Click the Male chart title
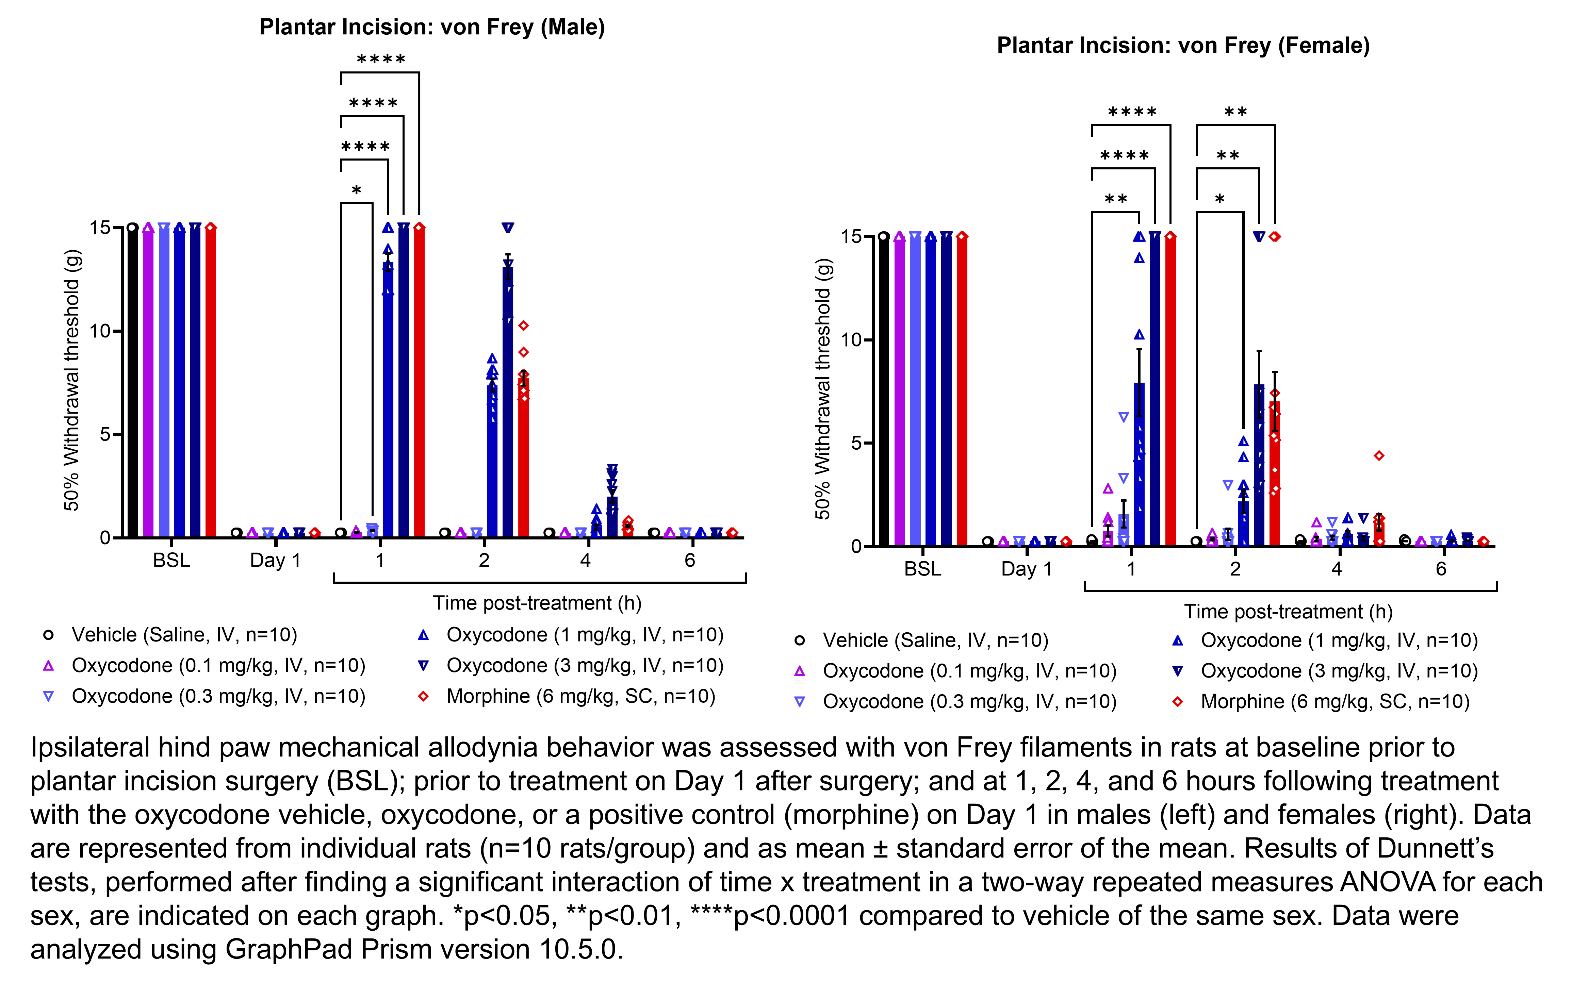click(x=432, y=27)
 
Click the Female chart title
click(x=1183, y=46)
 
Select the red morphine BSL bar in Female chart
click(x=962, y=390)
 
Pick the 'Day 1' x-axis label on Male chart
click(x=275, y=561)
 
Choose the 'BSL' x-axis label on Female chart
click(x=922, y=569)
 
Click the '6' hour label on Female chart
click(x=1441, y=569)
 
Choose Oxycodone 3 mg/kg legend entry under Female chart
click(x=1339, y=671)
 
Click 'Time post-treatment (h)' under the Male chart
click(x=537, y=603)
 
